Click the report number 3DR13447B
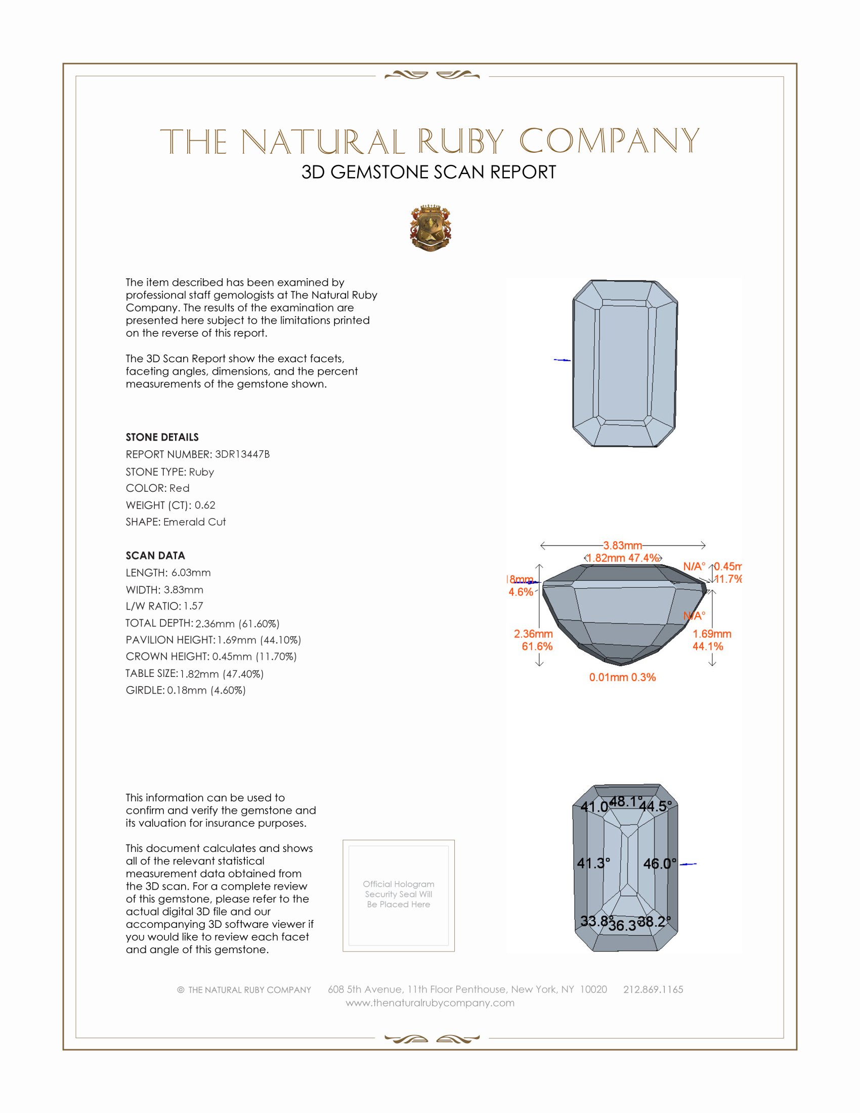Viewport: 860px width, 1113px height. coord(242,454)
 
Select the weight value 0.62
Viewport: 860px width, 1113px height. coord(205,505)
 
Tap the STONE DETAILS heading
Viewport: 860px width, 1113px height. coord(162,437)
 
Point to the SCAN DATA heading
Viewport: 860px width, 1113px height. coord(155,555)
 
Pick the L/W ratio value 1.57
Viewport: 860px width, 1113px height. coord(193,606)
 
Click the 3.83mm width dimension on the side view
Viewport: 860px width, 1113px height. coord(622,545)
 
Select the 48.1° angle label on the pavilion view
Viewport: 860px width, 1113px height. coord(626,802)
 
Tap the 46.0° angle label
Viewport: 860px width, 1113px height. coord(660,864)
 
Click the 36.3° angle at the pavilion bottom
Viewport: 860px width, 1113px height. coord(623,925)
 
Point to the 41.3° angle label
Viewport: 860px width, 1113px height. coord(593,863)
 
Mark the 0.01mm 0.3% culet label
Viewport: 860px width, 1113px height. coord(622,677)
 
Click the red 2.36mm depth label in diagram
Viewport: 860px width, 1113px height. coord(533,633)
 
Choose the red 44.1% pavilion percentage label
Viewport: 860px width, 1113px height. coord(708,646)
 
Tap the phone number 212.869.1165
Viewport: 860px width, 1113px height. coord(653,989)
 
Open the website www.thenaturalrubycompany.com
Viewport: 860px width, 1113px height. coord(430,1003)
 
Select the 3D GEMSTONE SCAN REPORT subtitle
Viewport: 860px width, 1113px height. coord(428,172)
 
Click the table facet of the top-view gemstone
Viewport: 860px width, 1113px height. coord(625,363)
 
